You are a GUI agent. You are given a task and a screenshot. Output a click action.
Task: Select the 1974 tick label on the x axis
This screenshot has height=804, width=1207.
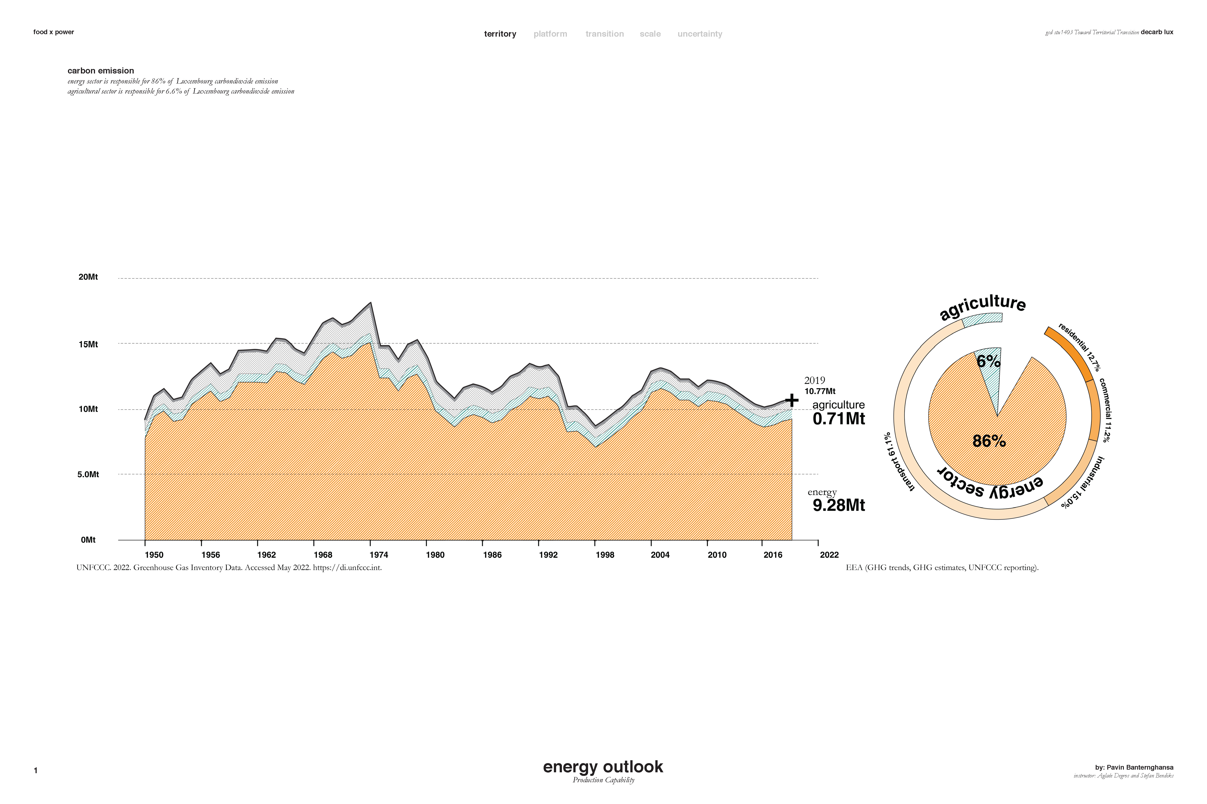point(379,555)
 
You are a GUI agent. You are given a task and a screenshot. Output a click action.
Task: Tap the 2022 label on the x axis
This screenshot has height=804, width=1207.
point(829,555)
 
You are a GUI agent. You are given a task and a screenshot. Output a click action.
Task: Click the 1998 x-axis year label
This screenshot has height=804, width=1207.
point(605,555)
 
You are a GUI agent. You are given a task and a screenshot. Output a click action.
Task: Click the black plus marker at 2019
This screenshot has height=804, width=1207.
point(792,400)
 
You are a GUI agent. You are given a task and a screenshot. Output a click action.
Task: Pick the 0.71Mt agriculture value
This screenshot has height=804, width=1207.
point(839,419)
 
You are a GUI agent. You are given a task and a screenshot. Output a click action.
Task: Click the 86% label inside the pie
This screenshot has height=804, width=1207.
point(989,441)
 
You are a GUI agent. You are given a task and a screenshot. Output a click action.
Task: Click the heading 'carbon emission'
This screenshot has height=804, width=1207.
point(101,71)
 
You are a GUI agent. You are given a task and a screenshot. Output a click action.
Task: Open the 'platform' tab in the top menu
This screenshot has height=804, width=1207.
point(550,34)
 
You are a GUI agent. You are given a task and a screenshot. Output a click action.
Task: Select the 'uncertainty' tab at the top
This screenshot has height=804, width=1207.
point(699,34)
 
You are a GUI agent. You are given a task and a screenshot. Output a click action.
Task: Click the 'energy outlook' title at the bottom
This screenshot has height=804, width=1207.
point(603,767)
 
